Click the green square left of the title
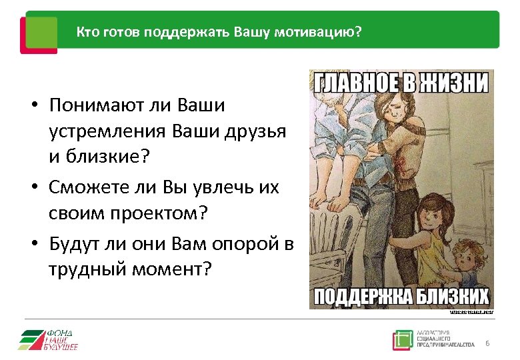coord(41,31)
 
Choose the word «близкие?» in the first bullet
coord(114,158)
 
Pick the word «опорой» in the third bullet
coord(243,244)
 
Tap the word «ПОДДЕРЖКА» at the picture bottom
coord(360,296)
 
